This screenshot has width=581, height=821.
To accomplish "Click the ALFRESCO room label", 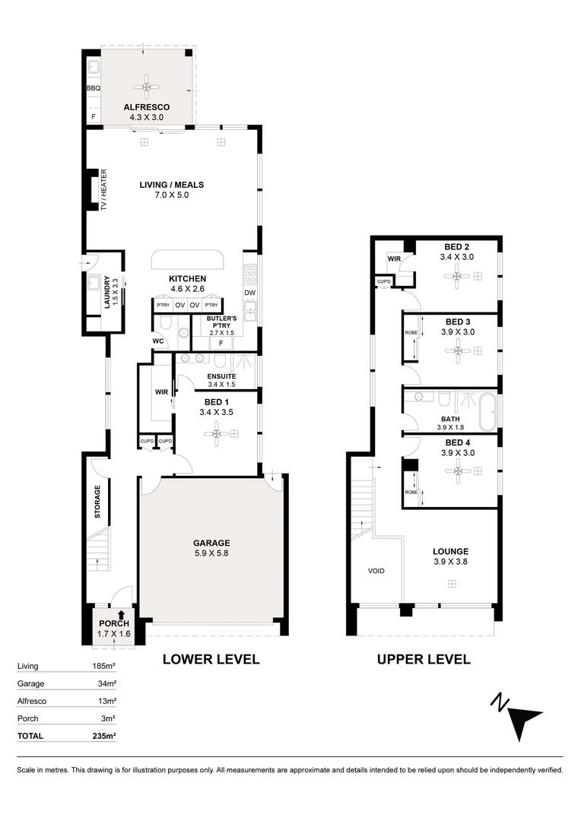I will (146, 107).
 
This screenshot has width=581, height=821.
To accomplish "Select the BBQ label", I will (93, 89).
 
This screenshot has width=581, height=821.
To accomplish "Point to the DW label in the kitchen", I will (249, 293).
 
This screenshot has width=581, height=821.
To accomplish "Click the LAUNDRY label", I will (107, 293).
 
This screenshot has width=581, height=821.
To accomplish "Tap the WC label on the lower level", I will (159, 341).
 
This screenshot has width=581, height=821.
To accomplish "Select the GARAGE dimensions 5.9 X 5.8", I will (211, 553).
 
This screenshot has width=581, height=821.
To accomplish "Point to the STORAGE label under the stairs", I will (97, 502).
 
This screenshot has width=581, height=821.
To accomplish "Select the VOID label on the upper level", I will (376, 570).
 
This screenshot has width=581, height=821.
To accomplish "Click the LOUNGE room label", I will (450, 551).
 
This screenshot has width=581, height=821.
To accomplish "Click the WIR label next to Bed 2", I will (394, 259).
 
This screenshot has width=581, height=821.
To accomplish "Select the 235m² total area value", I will (104, 735).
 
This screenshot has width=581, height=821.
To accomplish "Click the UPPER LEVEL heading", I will (424, 659).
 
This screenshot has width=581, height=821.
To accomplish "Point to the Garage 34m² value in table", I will (106, 683).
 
